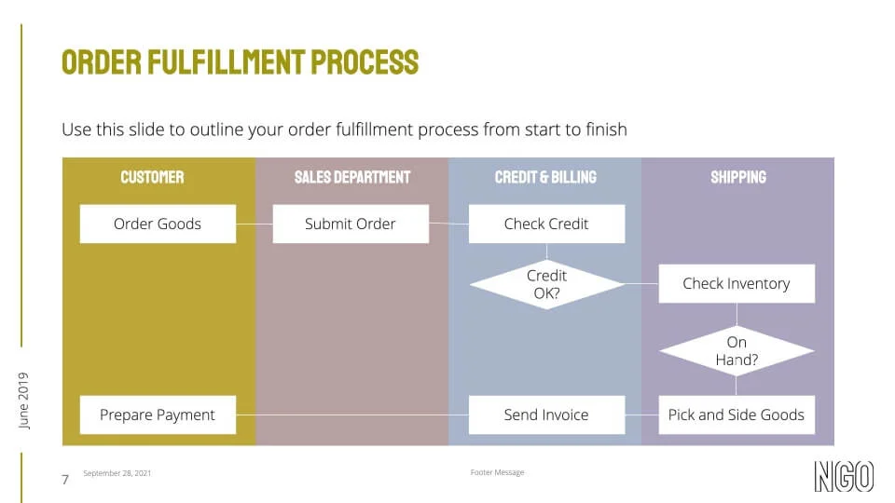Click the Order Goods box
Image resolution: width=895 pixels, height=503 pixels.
point(158,224)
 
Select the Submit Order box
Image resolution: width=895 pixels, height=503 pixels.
point(351,224)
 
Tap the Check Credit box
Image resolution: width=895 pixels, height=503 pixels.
point(546,224)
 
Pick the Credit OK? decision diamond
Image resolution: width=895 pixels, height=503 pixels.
point(546,284)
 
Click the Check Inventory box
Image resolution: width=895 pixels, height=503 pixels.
point(737,284)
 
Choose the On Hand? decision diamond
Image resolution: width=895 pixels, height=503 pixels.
point(737,351)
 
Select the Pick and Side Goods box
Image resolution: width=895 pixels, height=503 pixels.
point(737,415)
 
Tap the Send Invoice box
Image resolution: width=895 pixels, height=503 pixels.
point(546,415)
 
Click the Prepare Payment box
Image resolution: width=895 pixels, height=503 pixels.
point(158,415)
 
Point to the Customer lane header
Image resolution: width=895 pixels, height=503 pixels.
point(152,177)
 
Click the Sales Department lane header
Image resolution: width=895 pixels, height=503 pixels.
point(352,177)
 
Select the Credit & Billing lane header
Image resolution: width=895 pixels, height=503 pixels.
point(545,177)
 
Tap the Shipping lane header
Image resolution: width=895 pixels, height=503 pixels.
point(738,177)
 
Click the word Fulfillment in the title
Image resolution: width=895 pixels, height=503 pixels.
point(225,62)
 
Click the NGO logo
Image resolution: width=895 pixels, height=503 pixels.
point(844,476)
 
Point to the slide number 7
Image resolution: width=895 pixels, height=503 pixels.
point(65,480)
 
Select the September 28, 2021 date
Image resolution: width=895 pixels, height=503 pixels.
point(117,473)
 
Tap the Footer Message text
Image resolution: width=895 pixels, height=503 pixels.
point(497,472)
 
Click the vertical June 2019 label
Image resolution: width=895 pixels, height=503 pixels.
point(24,401)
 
